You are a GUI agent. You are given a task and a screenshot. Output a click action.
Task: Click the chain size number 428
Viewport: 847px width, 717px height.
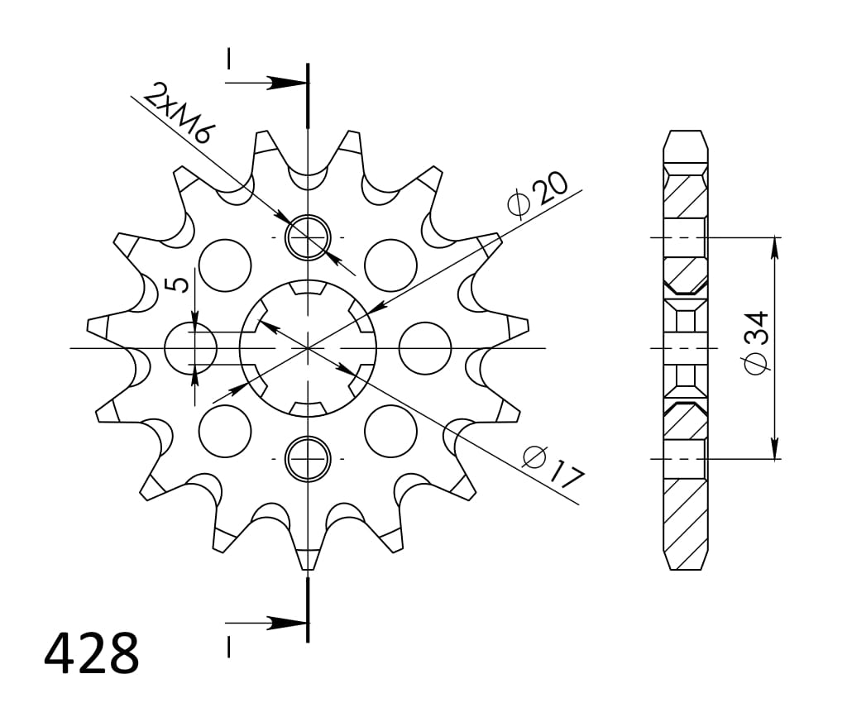91,653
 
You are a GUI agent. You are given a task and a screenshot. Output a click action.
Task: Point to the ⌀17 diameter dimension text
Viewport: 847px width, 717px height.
553,466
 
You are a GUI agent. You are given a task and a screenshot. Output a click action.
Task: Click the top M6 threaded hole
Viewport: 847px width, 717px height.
308,237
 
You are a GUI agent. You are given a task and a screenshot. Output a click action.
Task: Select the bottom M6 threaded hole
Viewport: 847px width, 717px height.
308,458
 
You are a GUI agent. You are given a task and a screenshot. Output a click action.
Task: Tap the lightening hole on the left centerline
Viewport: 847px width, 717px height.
190,348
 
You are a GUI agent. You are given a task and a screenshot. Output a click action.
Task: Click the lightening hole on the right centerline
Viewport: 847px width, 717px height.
425,348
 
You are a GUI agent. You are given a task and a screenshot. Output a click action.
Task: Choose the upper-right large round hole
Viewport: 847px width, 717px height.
390,265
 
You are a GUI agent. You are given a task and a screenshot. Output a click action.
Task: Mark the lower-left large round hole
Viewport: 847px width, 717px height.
224,431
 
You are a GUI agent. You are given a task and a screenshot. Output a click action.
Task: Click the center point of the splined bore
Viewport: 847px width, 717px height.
308,348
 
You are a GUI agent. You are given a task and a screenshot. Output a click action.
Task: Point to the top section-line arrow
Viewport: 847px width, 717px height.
285,83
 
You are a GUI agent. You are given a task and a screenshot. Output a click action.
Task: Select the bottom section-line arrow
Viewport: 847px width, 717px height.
285,623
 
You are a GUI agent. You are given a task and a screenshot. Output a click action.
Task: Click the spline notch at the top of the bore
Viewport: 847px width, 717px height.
308,289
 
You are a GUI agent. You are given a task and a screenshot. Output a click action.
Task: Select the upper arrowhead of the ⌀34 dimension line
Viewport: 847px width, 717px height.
775,246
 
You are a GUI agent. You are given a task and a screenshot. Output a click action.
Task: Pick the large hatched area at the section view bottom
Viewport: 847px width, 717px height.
686,521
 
